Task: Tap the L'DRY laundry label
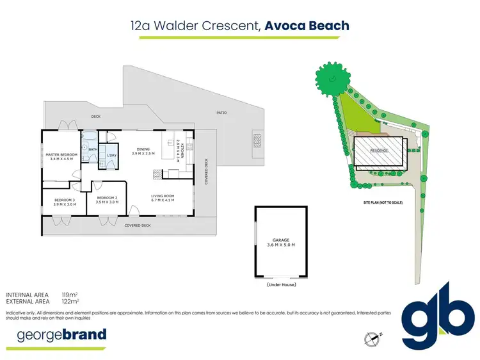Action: (111, 155)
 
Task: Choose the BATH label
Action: (92, 149)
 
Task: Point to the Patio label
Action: (221, 113)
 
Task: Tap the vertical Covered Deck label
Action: (206, 172)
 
